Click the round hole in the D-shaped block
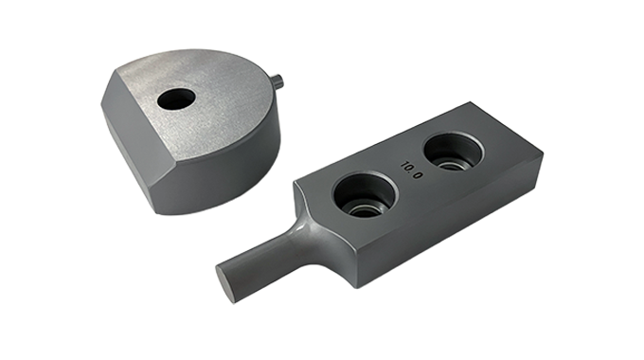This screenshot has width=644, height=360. click(176, 99)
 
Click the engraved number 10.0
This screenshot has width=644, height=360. click(412, 170)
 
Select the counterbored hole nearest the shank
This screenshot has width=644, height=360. click(366, 195)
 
